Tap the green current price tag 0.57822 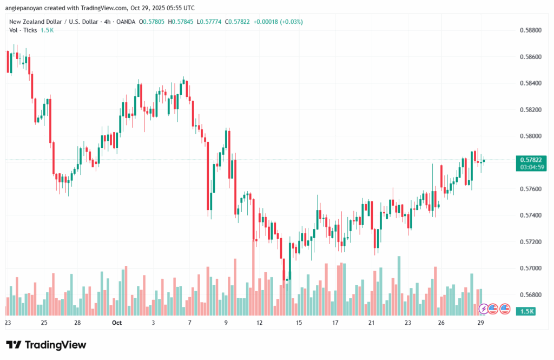click(531, 160)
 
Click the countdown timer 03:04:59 click(531, 167)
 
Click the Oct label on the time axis click(116, 322)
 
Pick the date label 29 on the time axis click(480, 322)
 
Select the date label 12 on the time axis click(260, 322)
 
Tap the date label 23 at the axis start click(8, 322)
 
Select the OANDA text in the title click(127, 22)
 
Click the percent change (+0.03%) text click(291, 22)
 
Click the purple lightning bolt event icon click(483, 309)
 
